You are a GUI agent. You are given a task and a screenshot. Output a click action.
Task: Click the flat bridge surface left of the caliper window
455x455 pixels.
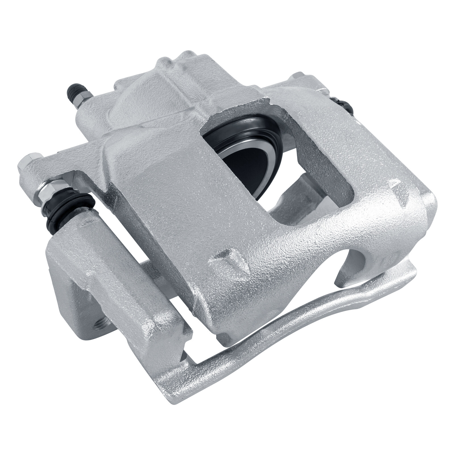165,176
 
